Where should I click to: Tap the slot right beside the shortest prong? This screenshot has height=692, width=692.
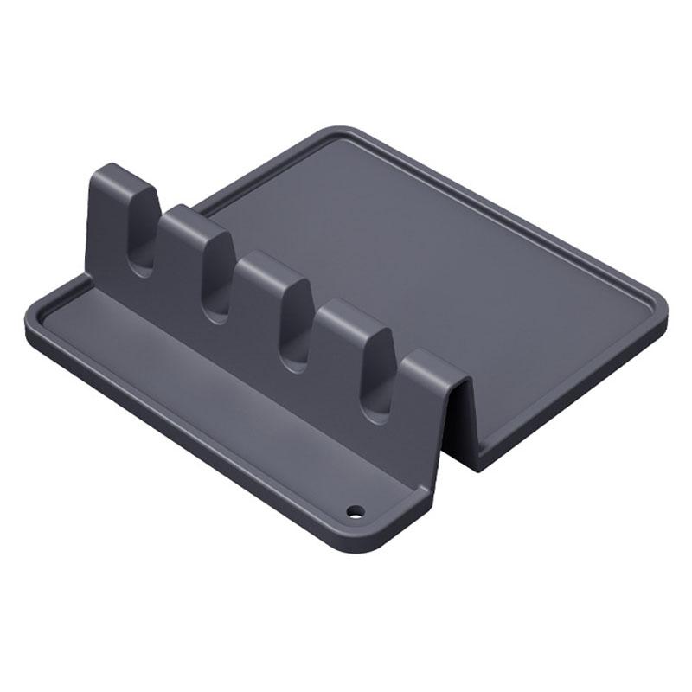(377, 389)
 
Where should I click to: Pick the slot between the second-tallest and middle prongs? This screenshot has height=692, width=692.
(216, 285)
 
